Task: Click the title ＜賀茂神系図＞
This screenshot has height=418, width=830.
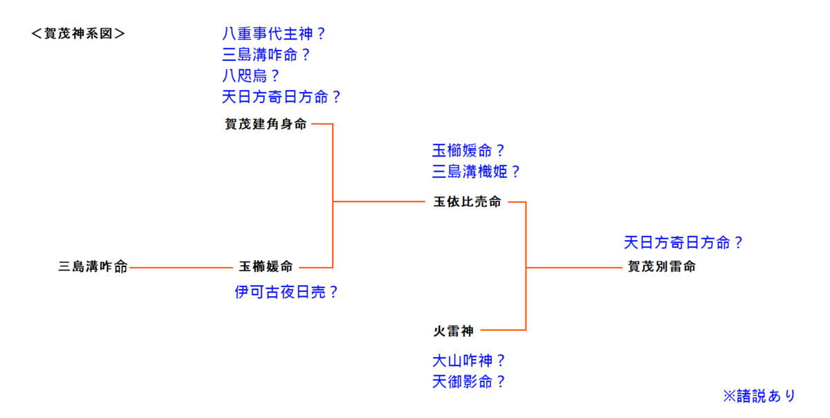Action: tap(78, 33)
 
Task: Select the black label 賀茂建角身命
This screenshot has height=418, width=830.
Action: tap(266, 125)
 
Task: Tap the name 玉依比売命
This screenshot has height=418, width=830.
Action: tap(468, 202)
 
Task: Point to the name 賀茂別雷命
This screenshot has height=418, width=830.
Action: tap(661, 266)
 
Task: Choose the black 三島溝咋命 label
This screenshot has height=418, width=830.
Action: tap(93, 267)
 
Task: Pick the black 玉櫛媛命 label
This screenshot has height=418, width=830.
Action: tap(266, 266)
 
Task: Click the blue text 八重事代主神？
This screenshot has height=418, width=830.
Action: tap(274, 33)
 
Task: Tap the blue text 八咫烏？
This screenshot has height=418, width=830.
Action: tap(251, 75)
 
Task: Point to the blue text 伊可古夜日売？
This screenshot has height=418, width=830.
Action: tap(286, 292)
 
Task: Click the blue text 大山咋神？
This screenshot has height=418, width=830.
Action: tap(469, 360)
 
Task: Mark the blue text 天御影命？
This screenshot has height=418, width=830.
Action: tap(469, 381)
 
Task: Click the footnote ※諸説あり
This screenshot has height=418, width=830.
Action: tap(759, 396)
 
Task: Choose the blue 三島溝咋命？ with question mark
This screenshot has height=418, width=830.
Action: tap(274, 55)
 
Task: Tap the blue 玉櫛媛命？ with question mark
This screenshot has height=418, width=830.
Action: tap(469, 150)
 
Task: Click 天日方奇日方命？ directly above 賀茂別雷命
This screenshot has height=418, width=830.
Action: tap(683, 243)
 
